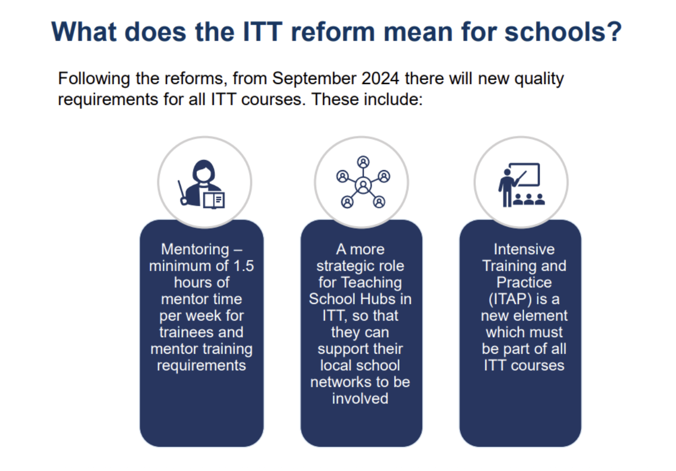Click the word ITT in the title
(x=263, y=32)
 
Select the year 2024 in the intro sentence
(x=381, y=79)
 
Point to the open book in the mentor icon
(x=214, y=200)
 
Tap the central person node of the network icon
(x=363, y=186)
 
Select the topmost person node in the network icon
(x=363, y=162)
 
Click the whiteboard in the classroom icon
(x=525, y=174)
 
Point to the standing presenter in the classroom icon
(x=507, y=188)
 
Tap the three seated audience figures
(x=529, y=200)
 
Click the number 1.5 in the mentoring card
(x=243, y=266)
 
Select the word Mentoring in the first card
(x=195, y=249)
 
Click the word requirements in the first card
(x=202, y=366)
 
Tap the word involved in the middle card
(x=360, y=399)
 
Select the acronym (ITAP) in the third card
(x=510, y=299)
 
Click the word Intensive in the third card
(x=524, y=249)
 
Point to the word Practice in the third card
(x=524, y=283)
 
